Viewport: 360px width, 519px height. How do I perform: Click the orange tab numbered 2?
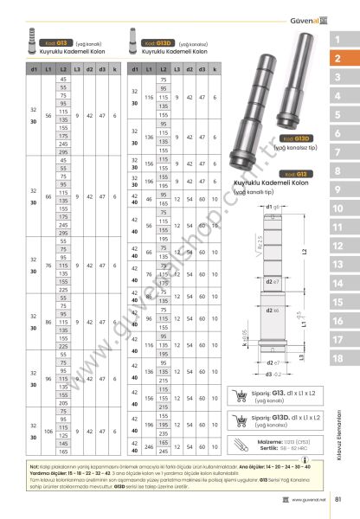point(337,59)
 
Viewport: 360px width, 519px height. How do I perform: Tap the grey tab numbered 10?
point(337,208)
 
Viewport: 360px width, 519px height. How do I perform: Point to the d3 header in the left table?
point(103,67)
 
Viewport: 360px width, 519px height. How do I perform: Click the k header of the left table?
point(114,67)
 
